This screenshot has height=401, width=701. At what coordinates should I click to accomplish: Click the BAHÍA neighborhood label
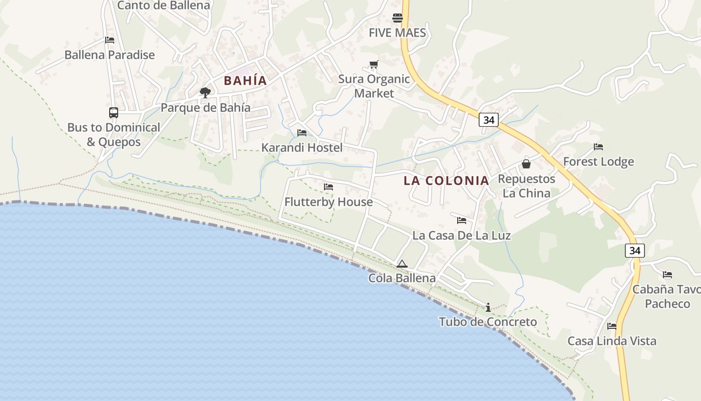click(245, 81)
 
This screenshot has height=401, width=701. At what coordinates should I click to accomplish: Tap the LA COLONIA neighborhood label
click(446, 181)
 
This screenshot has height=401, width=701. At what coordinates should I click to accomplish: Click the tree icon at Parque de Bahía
click(205, 92)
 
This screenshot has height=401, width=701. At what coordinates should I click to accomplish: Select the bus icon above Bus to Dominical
click(114, 113)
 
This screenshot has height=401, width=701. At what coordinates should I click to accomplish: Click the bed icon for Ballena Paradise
click(110, 40)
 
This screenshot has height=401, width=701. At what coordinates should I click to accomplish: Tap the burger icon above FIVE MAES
click(398, 18)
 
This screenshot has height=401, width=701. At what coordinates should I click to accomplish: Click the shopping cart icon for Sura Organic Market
click(374, 64)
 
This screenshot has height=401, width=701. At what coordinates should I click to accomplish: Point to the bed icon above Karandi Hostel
click(302, 133)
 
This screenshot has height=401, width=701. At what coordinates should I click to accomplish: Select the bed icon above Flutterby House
click(328, 187)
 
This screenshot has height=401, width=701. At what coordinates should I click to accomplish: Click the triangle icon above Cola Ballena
click(402, 264)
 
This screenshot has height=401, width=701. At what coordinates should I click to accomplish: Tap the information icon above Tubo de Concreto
click(488, 307)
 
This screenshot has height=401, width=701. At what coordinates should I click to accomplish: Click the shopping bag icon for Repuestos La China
click(526, 164)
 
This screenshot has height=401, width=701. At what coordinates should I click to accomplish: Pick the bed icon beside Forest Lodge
click(598, 147)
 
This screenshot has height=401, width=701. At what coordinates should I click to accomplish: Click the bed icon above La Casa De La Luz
click(462, 221)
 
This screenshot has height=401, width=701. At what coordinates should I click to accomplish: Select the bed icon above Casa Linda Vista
click(612, 326)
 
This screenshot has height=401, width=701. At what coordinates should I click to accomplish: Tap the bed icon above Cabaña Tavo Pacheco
click(667, 275)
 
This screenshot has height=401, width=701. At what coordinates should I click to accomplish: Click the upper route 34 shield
click(488, 120)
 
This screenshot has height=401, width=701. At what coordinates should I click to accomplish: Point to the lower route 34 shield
click(634, 250)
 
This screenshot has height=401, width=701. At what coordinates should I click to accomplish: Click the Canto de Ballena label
click(163, 6)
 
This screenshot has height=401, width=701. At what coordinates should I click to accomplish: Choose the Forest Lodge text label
click(598, 161)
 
